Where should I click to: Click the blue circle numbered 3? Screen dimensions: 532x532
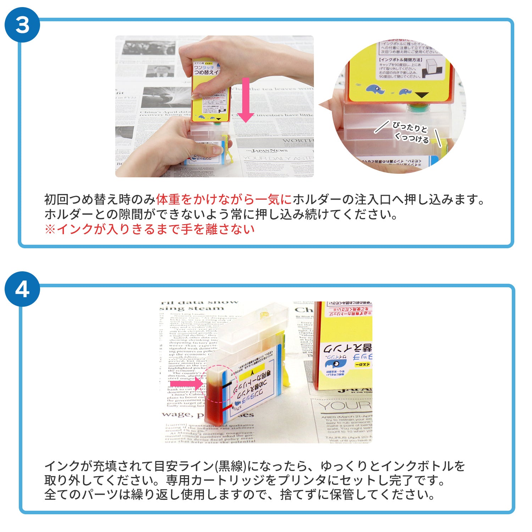pos(22,25)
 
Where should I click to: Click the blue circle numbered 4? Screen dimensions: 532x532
pos(22,289)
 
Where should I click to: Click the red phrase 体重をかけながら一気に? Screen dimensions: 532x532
pos(223,200)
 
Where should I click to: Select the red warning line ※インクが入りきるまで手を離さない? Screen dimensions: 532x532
pos(149,229)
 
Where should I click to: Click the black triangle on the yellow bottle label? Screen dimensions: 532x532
pos(422,95)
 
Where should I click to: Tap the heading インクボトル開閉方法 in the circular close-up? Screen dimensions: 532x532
pos(400,60)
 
